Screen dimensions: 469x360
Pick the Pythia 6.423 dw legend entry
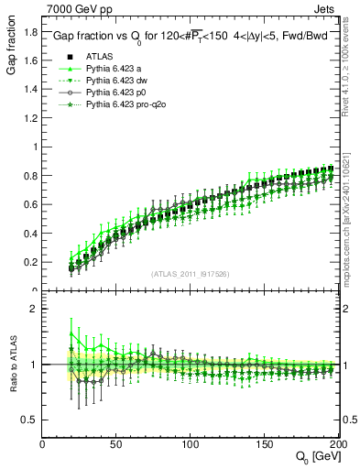pyautogui.click(x=115, y=81)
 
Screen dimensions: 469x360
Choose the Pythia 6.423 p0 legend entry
pyautogui.click(x=115, y=93)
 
